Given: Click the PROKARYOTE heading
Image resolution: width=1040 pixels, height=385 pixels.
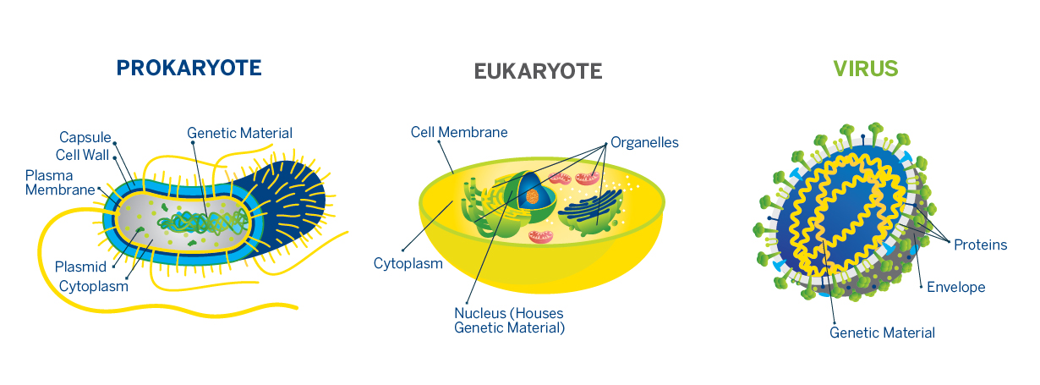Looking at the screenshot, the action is point(189,68).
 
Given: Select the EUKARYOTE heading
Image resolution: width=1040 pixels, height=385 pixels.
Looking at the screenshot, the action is point(538,72).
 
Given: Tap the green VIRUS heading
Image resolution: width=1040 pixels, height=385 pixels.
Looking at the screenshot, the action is point(866,69).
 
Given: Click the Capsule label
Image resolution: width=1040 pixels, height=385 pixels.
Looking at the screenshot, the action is point(85,137).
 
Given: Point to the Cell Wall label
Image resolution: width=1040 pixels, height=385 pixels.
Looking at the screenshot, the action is point(82,155).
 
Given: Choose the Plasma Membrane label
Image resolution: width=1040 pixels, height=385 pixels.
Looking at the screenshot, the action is point(60,183).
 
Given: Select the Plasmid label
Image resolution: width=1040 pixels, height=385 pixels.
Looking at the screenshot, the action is point(81,267).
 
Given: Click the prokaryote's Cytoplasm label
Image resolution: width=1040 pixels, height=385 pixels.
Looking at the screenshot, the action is point(93,286).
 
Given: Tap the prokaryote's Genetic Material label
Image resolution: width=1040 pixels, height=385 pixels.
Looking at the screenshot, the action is point(239,133).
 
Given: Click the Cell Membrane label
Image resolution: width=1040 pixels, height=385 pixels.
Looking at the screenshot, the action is point(459,132).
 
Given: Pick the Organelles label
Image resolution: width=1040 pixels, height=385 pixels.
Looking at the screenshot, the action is point(644,142).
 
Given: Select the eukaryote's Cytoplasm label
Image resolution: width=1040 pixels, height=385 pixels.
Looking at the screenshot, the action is point(408,263).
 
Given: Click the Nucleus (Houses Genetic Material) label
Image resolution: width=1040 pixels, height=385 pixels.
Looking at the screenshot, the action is point(509,321).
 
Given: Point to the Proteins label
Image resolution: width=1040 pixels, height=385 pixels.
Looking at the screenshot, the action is point(980,245).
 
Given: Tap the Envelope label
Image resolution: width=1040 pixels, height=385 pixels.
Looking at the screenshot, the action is point(956,287).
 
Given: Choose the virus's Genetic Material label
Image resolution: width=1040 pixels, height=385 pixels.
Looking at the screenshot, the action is point(882,333).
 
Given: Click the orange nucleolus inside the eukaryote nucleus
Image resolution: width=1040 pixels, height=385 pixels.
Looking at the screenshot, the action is point(532,196).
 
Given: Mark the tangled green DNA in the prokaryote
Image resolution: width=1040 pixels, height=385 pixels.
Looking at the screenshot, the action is point(203,222).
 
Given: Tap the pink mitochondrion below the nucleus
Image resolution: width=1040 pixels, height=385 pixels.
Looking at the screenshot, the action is point(540,237).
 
